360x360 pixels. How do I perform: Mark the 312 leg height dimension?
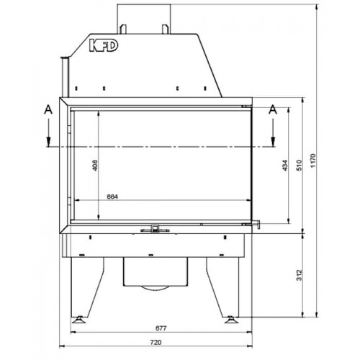click(297, 275)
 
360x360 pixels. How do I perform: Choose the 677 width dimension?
click(160, 329)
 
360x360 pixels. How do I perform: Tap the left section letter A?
click(48, 109)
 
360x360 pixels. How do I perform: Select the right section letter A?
click(273, 109)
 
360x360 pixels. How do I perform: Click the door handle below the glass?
click(154, 230)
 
